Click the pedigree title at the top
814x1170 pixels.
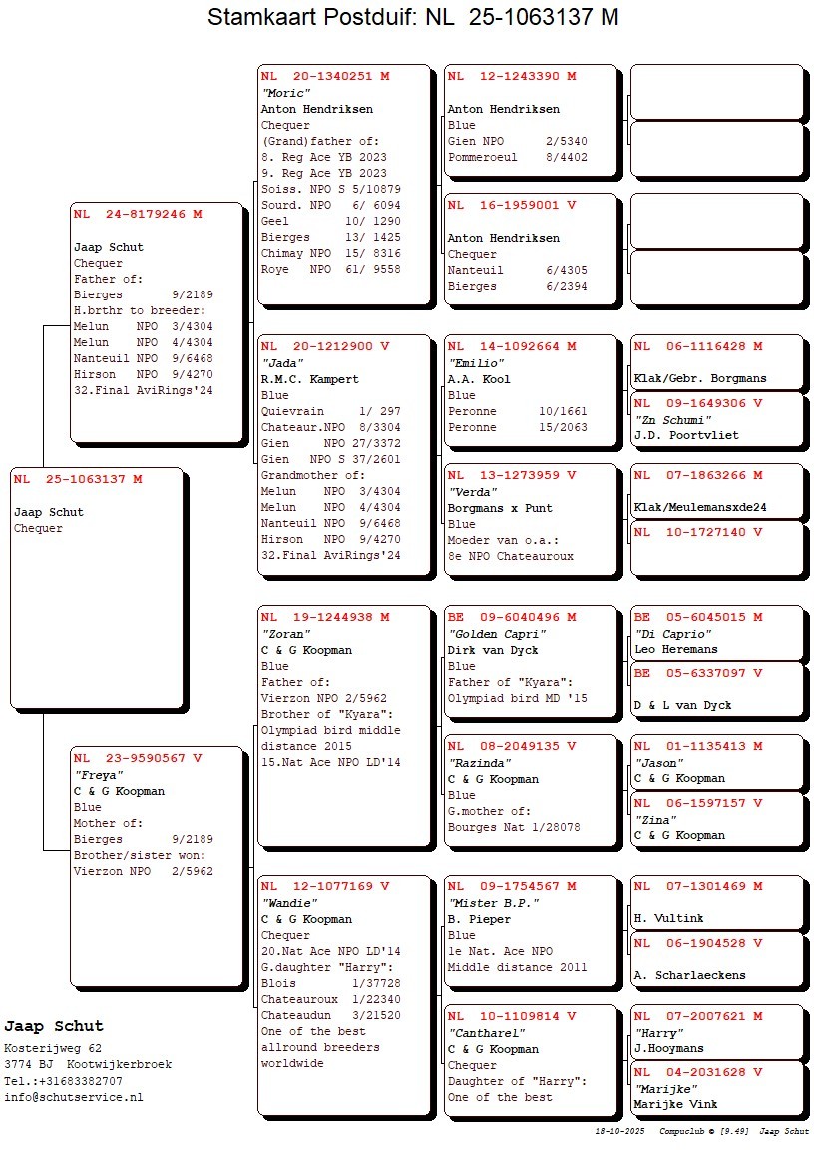(413, 18)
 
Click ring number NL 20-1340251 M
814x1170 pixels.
(325, 76)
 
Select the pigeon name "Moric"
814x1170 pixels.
(286, 93)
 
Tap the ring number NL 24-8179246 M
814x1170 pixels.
(138, 214)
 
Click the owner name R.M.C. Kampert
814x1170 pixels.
(309, 379)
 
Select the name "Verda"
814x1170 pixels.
(471, 492)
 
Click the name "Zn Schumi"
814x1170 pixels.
(674, 420)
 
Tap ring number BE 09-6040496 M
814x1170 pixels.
(512, 617)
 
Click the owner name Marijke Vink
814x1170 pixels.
(675, 1104)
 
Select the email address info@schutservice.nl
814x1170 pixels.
(73, 1097)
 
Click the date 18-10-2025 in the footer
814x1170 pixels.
(619, 1132)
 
